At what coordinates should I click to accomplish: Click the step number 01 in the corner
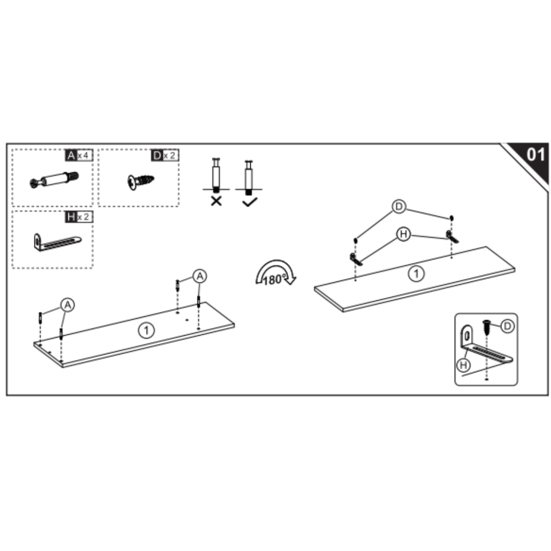coord(535,154)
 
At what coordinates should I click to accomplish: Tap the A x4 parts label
coord(79,155)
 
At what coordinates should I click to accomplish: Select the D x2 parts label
coord(165,155)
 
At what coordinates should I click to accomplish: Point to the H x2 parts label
coord(79,217)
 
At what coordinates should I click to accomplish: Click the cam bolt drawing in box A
coord(54,179)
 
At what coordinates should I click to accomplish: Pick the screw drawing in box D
coord(140,182)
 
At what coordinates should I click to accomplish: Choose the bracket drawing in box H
coord(57,242)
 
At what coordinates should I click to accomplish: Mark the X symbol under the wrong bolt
coord(216,201)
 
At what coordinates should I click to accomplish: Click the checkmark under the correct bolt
coord(250,202)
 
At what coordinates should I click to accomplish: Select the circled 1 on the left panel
coord(146,330)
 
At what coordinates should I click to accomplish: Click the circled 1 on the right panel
coord(416,273)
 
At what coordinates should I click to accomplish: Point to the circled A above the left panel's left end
coord(67,305)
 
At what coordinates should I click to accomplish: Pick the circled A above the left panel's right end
coord(200,276)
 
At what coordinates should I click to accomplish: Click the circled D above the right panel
coord(399,207)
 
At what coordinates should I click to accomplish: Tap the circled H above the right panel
coord(404,234)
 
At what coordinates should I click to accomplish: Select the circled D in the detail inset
coord(507,327)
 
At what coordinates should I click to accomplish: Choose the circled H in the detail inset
coord(463,365)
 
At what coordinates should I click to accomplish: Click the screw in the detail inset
coord(487,327)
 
